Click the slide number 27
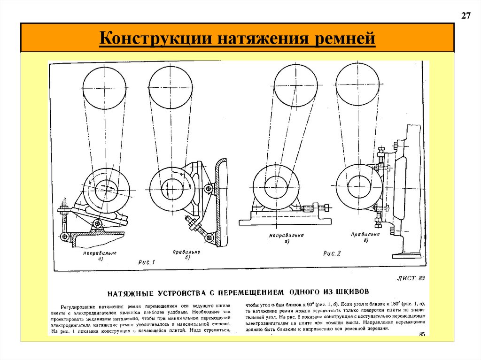(x=465, y=16)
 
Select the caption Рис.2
(x=332, y=253)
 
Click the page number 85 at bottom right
(x=421, y=334)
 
